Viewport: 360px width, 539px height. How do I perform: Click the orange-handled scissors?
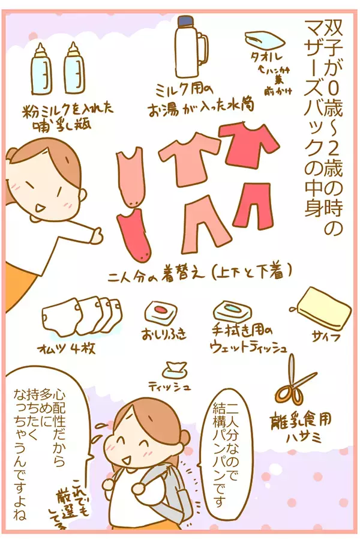click(x=293, y=381)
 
